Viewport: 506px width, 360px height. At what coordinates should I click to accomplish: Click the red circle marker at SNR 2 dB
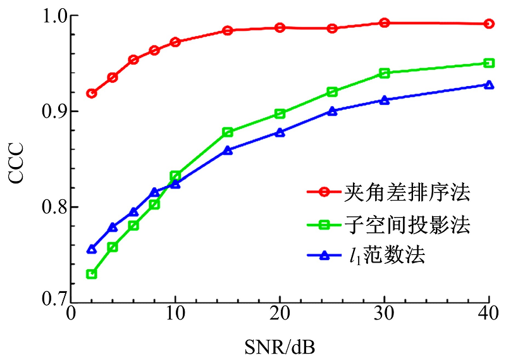92,93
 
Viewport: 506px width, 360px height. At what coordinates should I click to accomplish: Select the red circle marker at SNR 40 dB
488,23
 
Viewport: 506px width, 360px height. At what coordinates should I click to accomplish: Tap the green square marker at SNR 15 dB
228,132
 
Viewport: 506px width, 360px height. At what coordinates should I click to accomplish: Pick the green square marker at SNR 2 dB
92,274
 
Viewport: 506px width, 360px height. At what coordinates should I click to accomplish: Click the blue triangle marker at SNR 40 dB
488,85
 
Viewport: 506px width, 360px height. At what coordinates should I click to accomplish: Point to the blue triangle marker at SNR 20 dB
280,132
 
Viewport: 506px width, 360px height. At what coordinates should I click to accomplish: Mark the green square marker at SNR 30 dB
384,73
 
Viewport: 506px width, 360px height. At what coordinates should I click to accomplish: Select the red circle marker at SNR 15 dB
228,30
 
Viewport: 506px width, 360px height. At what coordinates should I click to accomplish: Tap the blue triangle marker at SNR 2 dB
92,249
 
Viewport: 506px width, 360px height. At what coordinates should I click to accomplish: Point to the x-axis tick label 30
384,314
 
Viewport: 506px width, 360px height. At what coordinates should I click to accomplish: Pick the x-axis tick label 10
175,314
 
